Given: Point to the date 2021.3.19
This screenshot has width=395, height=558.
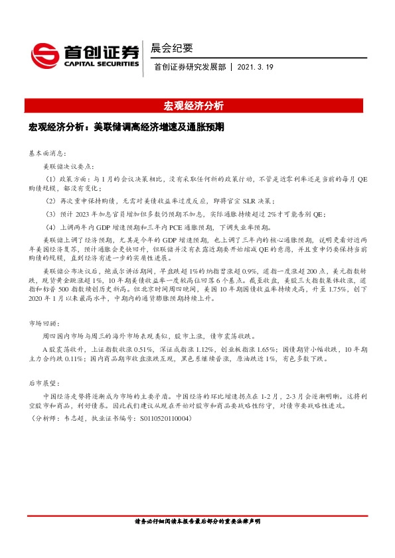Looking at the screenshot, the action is click(x=254, y=67).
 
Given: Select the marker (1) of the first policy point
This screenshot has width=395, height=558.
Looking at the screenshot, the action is click(x=50, y=179).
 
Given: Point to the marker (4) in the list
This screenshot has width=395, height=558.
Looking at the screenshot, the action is click(x=50, y=227).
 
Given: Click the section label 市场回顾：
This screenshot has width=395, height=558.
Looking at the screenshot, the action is click(x=44, y=323).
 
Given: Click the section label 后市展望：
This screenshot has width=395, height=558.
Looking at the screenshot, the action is click(x=44, y=383).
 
